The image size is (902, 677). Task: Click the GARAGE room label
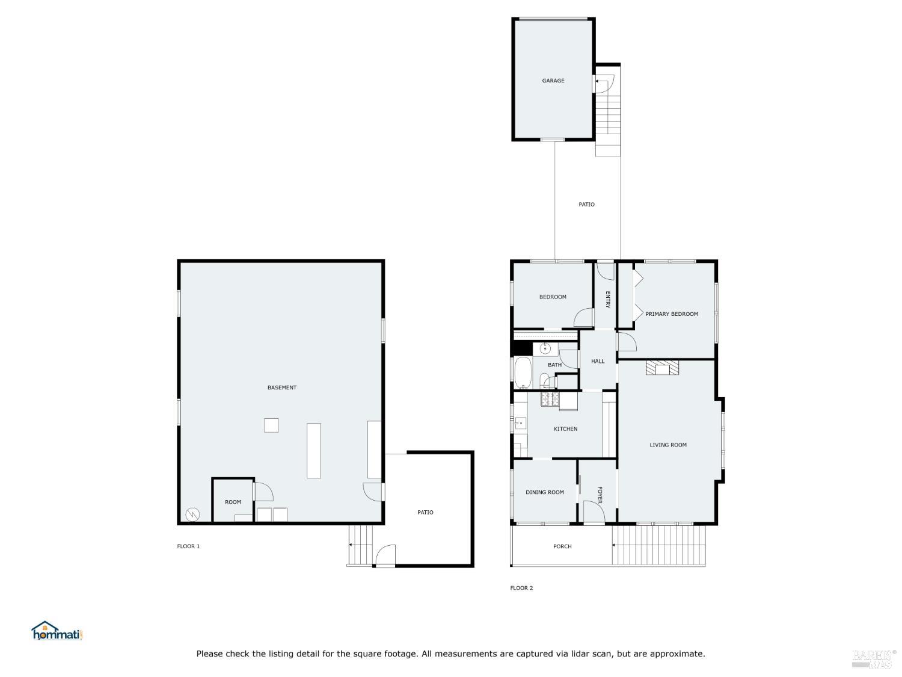[553, 81]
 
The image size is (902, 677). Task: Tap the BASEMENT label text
[281, 387]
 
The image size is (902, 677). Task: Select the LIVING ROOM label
[667, 445]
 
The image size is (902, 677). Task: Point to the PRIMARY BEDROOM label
[672, 314]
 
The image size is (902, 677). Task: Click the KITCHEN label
[565, 428]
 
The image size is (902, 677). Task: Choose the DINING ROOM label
[544, 492]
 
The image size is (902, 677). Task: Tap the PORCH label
[562, 546]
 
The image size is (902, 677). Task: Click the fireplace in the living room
[662, 368]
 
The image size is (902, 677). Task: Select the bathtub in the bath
[523, 373]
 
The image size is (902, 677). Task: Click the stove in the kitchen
[550, 399]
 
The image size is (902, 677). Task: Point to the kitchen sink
[520, 423]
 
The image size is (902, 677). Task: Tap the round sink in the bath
[545, 349]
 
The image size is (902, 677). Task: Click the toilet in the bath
[547, 381]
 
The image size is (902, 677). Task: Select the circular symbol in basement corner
[193, 515]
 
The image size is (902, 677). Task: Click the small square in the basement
[271, 425]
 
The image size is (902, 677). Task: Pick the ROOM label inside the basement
[233, 502]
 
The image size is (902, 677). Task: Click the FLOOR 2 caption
[521, 588]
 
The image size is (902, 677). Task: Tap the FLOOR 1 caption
[188, 546]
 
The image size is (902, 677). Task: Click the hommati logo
[57, 631]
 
